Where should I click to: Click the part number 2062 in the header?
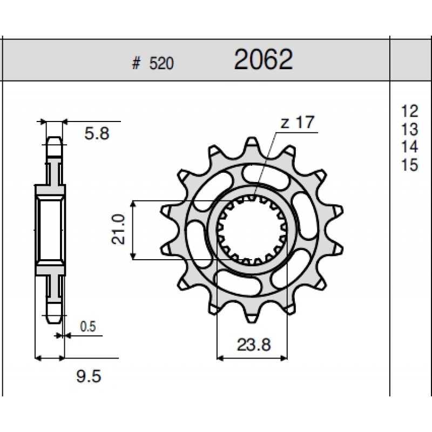pyautogui.click(x=263, y=59)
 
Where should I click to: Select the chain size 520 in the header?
pyautogui.click(x=161, y=64)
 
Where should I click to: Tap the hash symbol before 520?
pyautogui.click(x=136, y=64)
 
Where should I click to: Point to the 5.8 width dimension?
pyautogui.click(x=97, y=133)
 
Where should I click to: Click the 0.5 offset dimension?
pyautogui.click(x=88, y=327)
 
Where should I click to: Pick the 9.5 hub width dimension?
pyautogui.click(x=89, y=376)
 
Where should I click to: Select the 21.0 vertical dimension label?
pyautogui.click(x=118, y=230)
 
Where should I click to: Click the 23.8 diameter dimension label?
pyautogui.click(x=254, y=345)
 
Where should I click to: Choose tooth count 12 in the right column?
pyautogui.click(x=410, y=111)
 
